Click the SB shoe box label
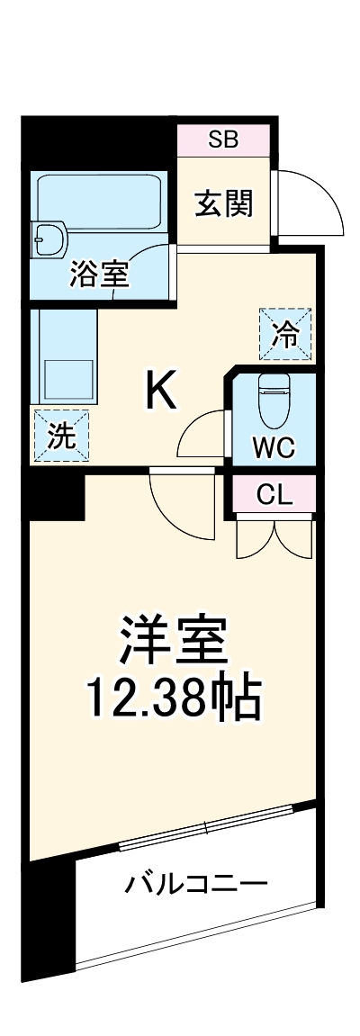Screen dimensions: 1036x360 (x=222, y=140)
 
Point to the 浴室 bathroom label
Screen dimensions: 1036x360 (x=99, y=274)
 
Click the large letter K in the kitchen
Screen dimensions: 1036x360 (x=162, y=392)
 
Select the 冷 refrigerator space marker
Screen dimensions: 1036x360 (x=285, y=333)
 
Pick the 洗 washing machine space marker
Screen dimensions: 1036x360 (x=61, y=437)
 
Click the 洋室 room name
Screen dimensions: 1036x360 (x=173, y=641)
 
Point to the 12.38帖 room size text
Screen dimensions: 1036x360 (x=173, y=698)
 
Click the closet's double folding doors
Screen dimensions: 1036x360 (x=274, y=535)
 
